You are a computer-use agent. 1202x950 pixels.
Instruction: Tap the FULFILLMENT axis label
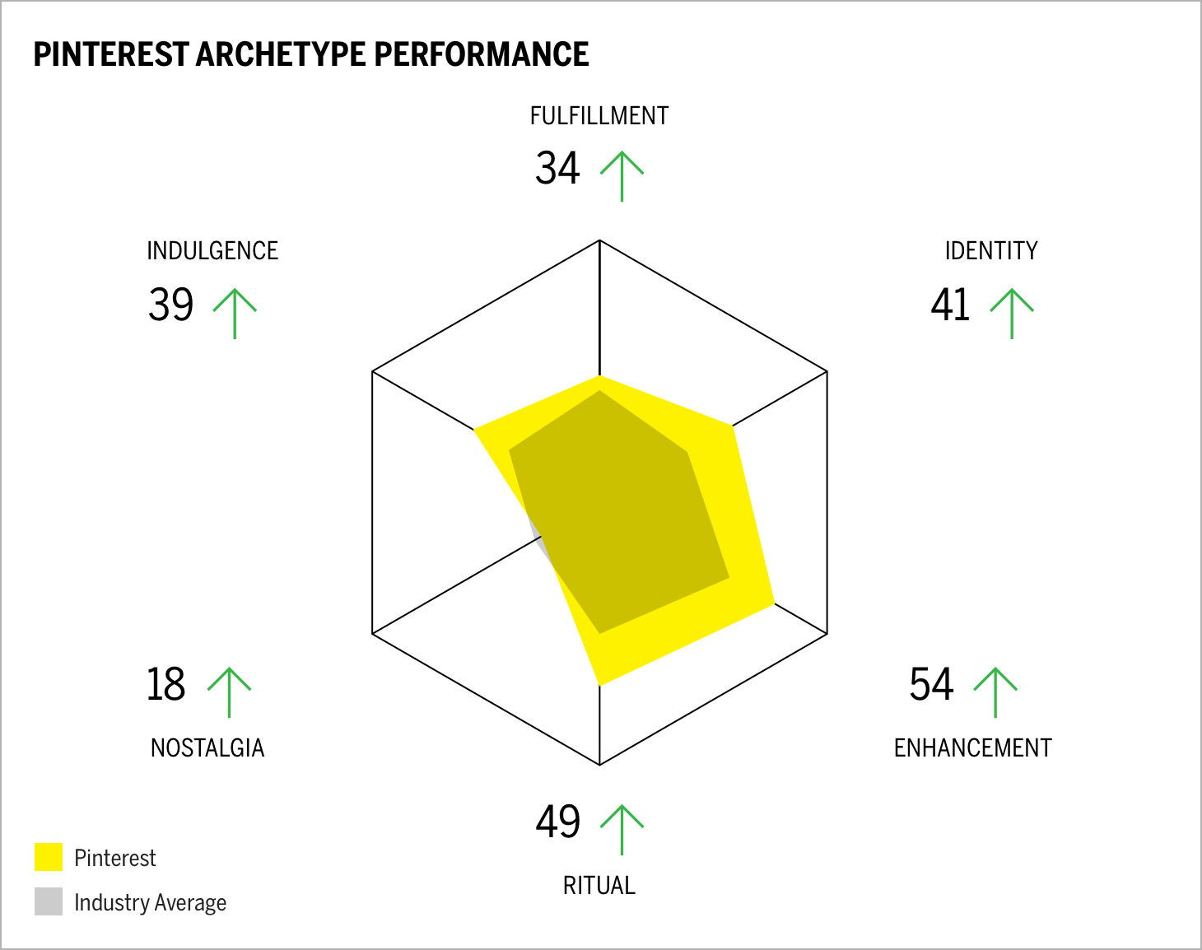coord(599,116)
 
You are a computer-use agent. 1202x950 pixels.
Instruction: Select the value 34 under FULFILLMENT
coord(557,168)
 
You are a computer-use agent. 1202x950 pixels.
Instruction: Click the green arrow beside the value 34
coord(622,175)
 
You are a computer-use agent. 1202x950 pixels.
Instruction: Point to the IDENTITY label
coord(990,251)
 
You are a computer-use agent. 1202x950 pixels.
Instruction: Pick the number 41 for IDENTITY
coord(950,305)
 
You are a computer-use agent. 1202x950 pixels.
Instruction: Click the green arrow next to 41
coord(1011,313)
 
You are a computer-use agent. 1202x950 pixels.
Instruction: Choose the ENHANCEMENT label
coord(972,748)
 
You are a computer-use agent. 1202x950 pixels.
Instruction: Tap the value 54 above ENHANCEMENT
coord(931,685)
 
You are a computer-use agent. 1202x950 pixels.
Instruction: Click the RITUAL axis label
coord(599,886)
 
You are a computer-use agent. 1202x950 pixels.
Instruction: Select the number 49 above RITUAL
coord(557,822)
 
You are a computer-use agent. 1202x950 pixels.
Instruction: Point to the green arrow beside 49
coord(622,829)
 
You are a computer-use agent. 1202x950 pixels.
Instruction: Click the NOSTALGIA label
coord(207,748)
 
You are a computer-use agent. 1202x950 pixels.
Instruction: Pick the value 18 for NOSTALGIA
coord(165,685)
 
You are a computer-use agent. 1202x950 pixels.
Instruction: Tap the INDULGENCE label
coord(212,251)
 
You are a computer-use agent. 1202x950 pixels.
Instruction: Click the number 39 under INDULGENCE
coord(170,305)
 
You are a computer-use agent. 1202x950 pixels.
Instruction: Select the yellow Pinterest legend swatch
coord(49,857)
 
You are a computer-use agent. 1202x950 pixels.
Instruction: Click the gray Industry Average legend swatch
coord(49,901)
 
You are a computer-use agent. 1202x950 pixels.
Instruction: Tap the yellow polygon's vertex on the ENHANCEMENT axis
coord(774,603)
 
